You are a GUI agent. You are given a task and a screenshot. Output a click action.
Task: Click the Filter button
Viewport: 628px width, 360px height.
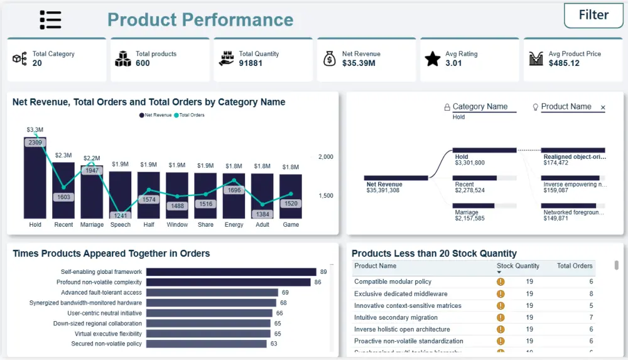(x=593, y=16)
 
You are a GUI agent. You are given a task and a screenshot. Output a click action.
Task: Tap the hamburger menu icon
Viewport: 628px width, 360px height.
(x=50, y=20)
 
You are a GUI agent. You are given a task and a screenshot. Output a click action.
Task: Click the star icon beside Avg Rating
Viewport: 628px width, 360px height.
(x=432, y=59)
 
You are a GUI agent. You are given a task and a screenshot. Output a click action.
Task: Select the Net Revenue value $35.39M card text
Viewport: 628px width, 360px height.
(x=359, y=63)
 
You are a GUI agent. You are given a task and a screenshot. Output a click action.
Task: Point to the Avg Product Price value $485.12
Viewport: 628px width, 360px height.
(x=564, y=63)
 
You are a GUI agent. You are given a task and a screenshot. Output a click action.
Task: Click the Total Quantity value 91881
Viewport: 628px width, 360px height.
(x=251, y=63)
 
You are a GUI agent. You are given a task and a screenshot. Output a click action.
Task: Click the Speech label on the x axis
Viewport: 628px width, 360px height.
(x=120, y=225)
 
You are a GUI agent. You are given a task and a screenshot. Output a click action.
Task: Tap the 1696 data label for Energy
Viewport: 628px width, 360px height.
(x=234, y=190)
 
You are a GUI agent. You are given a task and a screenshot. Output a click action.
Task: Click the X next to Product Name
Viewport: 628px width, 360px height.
(x=603, y=108)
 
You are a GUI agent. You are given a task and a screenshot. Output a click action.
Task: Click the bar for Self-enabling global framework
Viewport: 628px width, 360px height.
(x=230, y=272)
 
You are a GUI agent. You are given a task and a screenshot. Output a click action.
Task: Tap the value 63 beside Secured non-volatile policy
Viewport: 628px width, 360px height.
(x=274, y=344)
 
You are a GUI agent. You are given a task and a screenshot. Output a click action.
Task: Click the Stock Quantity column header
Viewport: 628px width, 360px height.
(x=517, y=266)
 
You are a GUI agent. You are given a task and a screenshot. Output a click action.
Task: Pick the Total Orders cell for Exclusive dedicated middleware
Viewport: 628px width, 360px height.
(x=590, y=294)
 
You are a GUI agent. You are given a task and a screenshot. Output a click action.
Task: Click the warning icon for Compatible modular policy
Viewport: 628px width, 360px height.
(x=501, y=282)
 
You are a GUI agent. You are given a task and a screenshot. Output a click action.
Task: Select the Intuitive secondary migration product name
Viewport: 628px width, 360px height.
(x=396, y=317)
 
